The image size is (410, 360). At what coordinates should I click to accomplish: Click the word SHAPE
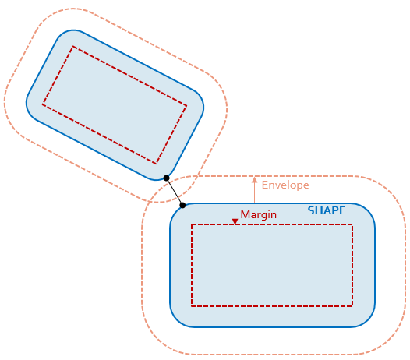(327, 210)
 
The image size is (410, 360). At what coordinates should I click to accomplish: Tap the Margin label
(258, 215)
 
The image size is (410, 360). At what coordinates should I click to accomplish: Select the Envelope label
(285, 185)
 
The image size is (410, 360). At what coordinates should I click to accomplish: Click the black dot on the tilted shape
(166, 178)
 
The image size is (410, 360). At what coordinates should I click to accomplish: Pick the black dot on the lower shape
(182, 206)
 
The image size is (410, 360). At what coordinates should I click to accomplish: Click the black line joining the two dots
(175, 192)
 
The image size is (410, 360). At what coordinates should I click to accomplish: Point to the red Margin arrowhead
(235, 221)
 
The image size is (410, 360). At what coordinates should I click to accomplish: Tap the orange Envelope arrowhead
(254, 180)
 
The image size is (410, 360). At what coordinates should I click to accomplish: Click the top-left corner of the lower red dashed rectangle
(192, 224)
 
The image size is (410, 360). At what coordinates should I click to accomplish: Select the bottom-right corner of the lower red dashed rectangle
(352, 305)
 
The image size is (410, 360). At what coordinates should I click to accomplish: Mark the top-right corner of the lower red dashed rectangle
(352, 224)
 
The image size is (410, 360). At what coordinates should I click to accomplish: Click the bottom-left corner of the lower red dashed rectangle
(192, 305)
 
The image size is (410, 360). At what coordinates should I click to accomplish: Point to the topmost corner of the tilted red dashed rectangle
(72, 47)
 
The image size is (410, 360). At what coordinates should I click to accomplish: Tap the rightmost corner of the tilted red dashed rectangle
(186, 106)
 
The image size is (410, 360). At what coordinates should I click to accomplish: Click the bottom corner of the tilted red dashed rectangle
(157, 164)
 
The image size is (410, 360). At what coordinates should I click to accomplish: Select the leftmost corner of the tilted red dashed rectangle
(42, 105)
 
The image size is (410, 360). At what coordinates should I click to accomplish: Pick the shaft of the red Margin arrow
(235, 211)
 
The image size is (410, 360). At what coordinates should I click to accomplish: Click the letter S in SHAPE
(311, 210)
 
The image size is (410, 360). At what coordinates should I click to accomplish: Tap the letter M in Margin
(244, 214)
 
